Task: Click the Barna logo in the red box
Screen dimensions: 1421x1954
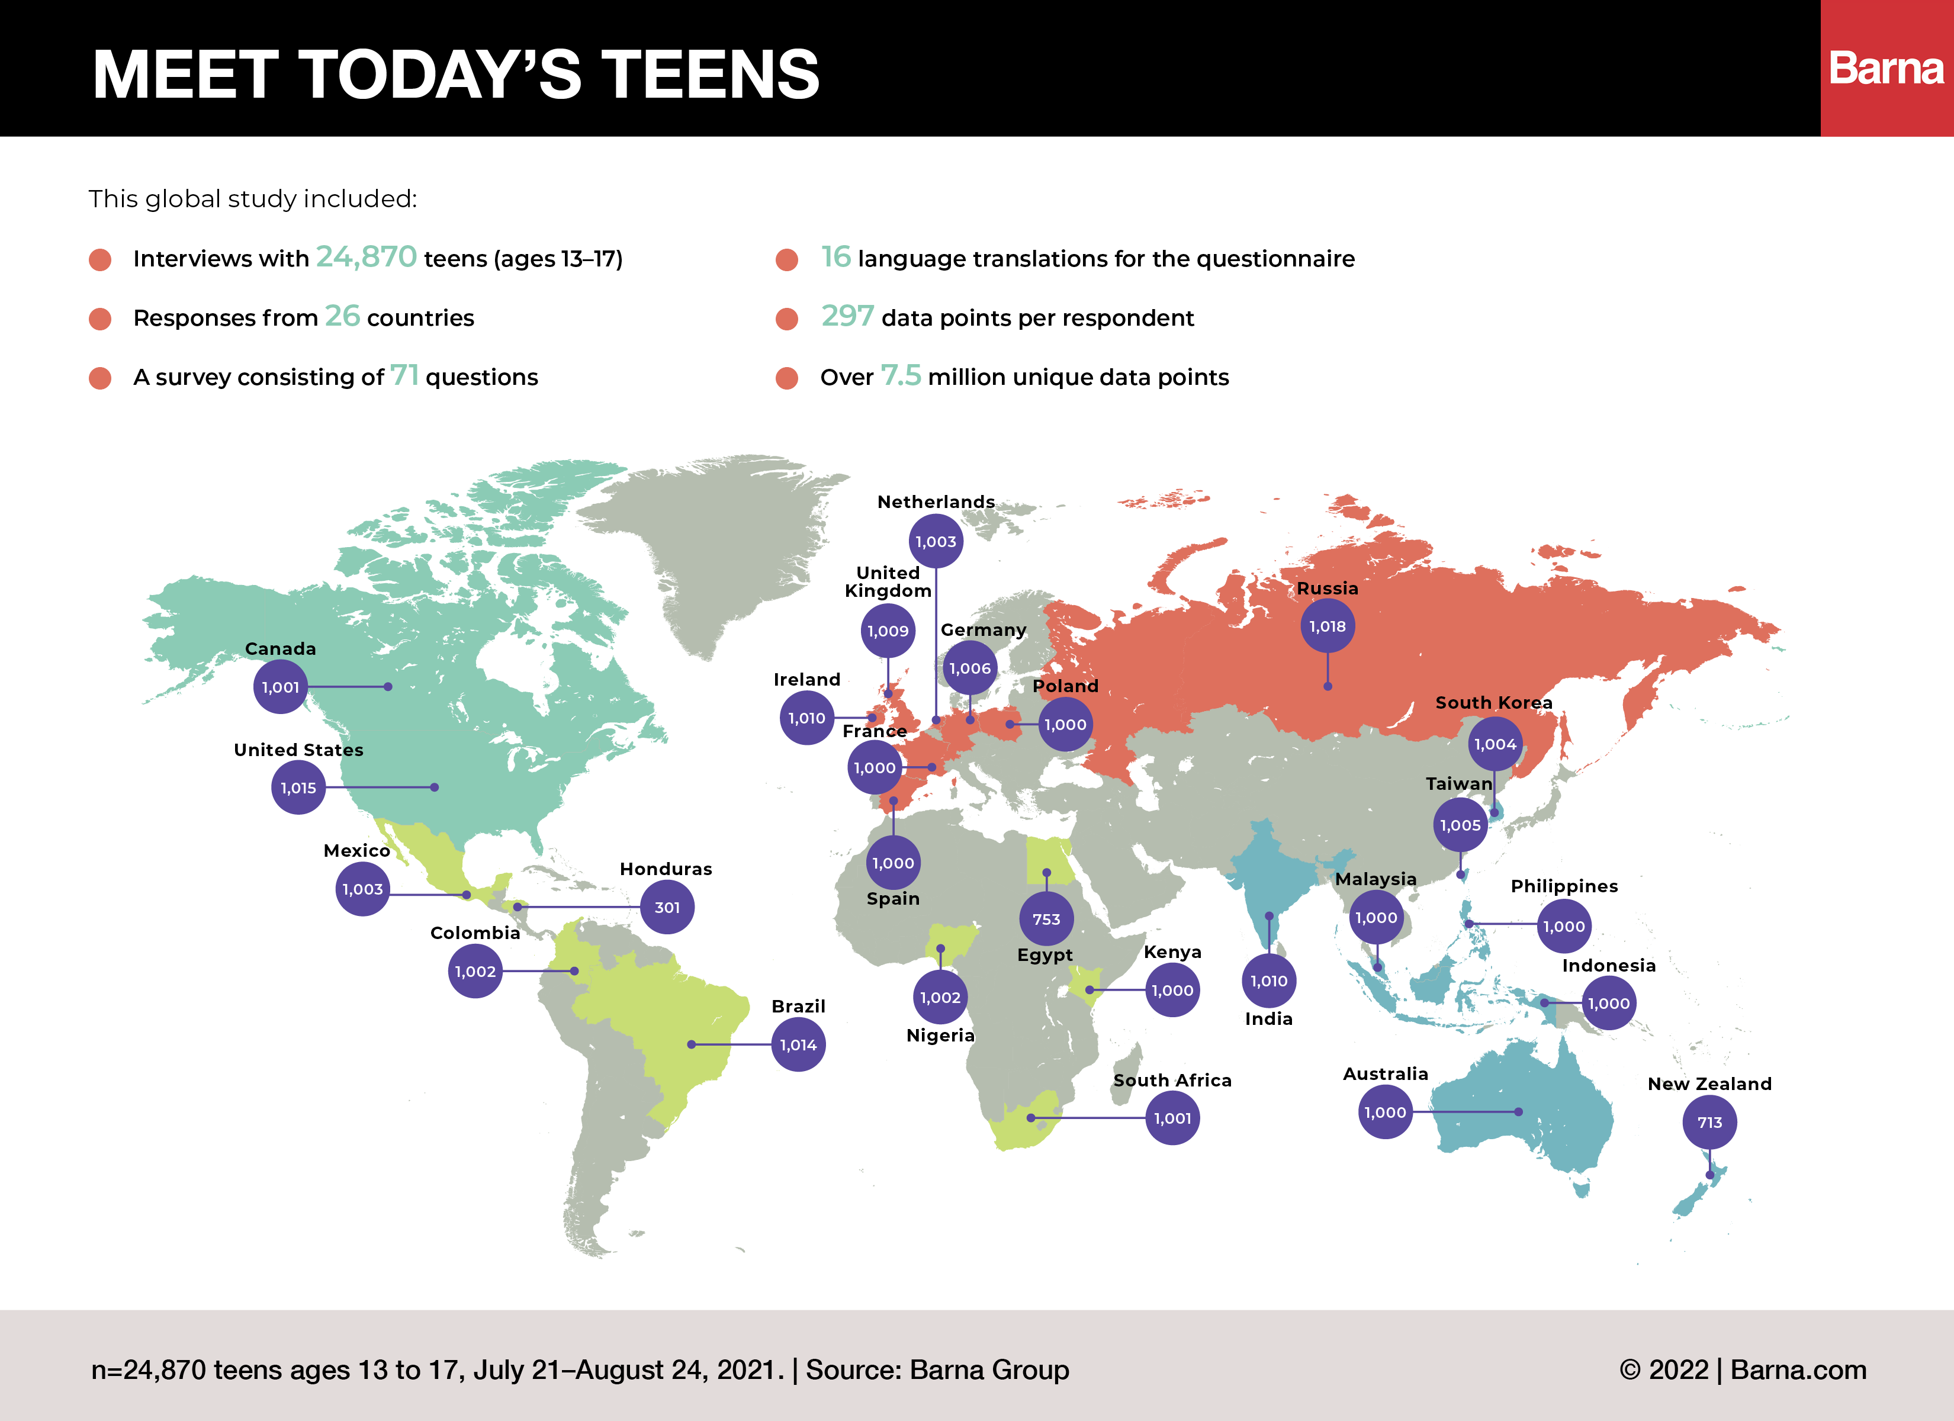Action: point(1886,68)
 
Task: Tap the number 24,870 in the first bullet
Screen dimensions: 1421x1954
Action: point(366,257)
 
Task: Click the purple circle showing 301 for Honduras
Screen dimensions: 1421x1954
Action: point(667,908)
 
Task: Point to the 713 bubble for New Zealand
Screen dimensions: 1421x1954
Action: point(1709,1122)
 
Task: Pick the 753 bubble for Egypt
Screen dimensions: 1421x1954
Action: point(1046,918)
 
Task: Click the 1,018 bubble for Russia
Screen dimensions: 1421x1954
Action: point(1327,626)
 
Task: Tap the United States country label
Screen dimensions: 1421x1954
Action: point(298,750)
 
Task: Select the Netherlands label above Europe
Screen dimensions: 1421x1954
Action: point(936,501)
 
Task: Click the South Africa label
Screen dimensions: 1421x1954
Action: point(1172,1080)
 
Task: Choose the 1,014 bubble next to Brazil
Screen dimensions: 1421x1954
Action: point(798,1044)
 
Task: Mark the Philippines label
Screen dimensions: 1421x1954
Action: point(1564,886)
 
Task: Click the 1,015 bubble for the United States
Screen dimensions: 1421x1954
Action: point(298,787)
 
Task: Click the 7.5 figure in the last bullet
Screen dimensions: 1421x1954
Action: point(901,376)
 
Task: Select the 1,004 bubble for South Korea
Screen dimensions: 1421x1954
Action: point(1495,744)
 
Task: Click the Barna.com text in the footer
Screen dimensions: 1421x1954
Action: point(1798,1369)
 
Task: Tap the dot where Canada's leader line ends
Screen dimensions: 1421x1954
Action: point(388,687)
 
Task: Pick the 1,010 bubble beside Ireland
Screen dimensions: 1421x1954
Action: point(806,718)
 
